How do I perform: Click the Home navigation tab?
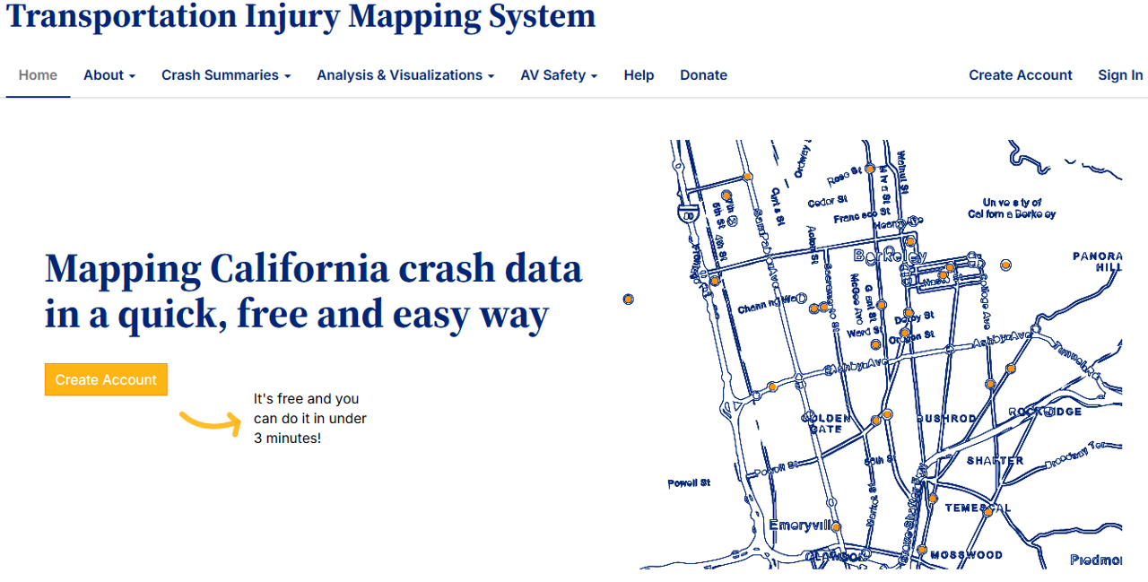38,75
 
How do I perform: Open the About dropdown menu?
109,75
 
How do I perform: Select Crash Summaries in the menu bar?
225,75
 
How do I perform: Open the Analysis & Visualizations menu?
404,75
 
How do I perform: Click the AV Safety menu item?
558,75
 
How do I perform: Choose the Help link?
639,75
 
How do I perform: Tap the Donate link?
703,75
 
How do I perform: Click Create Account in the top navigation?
1020,75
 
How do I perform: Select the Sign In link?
1120,75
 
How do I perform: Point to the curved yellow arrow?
211,422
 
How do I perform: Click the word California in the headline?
300,269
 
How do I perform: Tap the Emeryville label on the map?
802,526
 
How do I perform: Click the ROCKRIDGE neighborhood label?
1045,412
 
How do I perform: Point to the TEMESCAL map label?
977,508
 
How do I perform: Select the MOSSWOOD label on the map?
966,555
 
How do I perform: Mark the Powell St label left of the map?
689,483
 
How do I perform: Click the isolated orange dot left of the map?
629,299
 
